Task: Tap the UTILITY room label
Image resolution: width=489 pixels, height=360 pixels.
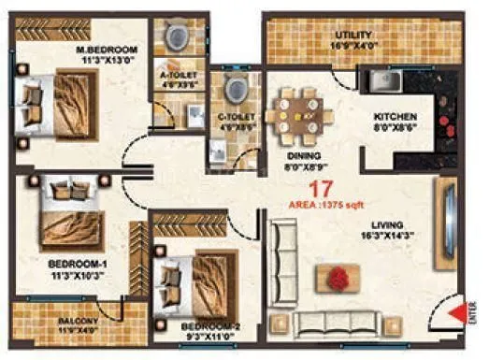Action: (x=354, y=36)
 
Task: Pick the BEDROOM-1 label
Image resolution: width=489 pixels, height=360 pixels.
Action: (x=76, y=265)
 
